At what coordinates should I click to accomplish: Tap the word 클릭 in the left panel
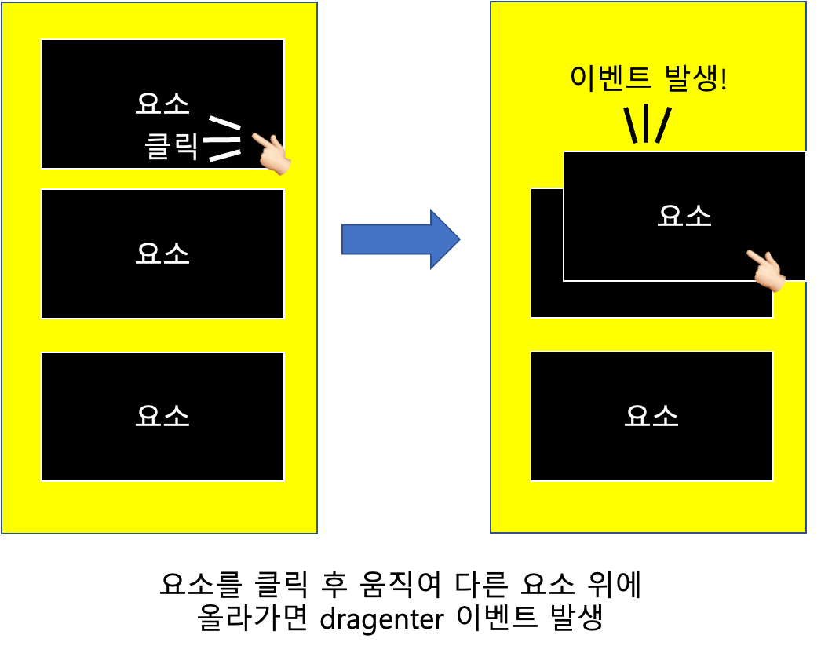172,147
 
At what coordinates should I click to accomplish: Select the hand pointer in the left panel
272,153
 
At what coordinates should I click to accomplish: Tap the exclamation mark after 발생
723,78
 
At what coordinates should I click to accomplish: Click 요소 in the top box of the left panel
162,103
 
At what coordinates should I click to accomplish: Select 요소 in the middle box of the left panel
162,254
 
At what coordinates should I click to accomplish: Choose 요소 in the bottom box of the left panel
162,416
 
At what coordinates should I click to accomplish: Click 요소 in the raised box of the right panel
684,216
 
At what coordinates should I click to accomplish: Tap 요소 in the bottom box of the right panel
651,416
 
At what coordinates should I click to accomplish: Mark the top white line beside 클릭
224,123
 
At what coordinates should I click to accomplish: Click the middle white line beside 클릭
221,140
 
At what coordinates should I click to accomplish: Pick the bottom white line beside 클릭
224,155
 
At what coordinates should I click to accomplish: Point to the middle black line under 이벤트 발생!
646,123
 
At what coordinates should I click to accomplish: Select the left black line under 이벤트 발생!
630,125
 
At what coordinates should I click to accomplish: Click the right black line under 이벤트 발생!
663,125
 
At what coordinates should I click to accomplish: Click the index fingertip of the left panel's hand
254,137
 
